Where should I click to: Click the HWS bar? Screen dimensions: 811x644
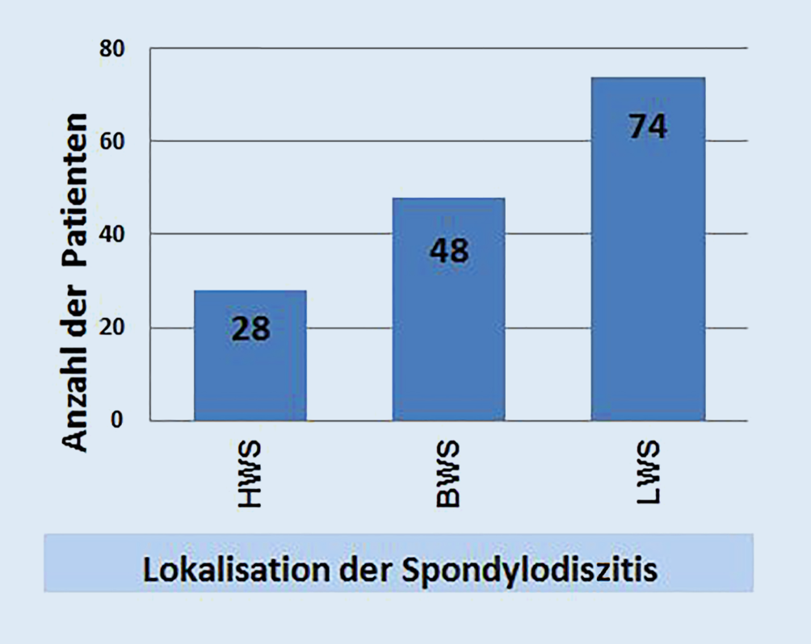[250, 356]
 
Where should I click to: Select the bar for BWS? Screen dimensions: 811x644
[448, 309]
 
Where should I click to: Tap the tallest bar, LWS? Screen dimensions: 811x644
[648, 249]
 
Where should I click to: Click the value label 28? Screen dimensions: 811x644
[250, 328]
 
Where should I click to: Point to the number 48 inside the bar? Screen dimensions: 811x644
[449, 251]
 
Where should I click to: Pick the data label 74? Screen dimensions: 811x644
[648, 126]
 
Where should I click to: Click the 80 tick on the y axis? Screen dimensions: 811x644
[111, 48]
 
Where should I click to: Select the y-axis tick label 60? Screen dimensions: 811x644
[111, 141]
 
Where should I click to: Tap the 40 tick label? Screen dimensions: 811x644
[111, 234]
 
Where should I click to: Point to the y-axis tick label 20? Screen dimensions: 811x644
[111, 327]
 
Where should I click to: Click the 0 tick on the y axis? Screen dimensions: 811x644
[117, 420]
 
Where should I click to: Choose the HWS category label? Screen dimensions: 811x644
[250, 474]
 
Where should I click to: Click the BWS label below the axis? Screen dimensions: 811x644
[448, 474]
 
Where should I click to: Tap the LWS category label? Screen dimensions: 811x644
[648, 472]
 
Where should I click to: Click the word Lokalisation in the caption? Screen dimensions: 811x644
[236, 570]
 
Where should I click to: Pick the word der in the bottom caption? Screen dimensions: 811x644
[364, 570]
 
